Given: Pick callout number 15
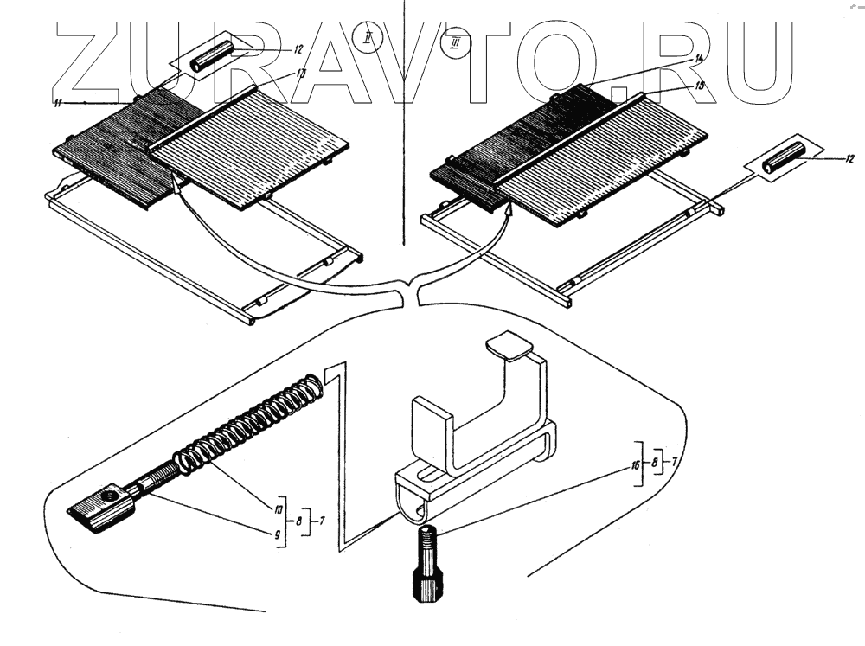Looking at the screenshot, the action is point(700,86).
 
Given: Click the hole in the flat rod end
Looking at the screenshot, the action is point(110,496).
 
